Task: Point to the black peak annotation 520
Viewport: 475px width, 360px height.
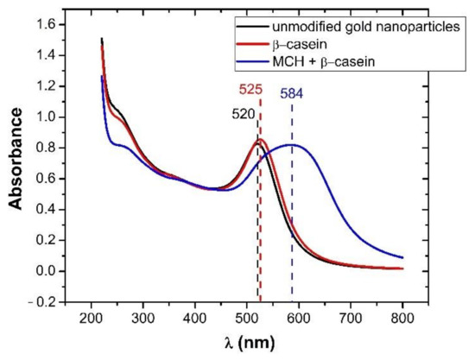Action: pyautogui.click(x=244, y=113)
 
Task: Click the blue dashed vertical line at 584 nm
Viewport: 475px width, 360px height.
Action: pyautogui.click(x=292, y=216)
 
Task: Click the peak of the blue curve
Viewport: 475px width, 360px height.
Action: pyautogui.click(x=292, y=144)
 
